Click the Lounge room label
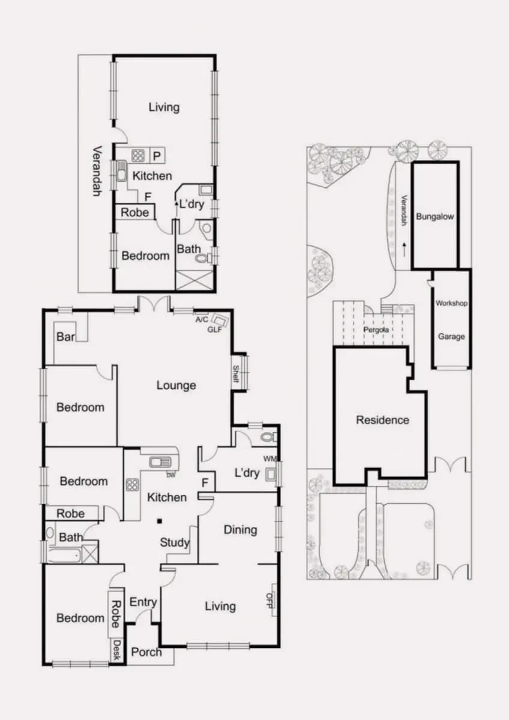coord(176,385)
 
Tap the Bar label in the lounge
coord(65,337)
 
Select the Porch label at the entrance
coord(146,652)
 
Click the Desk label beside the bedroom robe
coord(117,650)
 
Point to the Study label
coord(175,542)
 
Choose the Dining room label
coord(241,530)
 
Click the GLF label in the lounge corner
coord(214,329)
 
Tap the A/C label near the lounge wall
coord(202,319)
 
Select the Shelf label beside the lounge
coord(236,374)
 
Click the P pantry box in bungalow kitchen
coord(157,155)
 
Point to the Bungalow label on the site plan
coord(435,217)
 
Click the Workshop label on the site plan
coord(451,303)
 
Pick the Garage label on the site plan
coord(451,337)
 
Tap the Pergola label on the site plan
coord(376,329)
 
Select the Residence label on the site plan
coord(382,420)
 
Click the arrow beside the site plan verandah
coord(404,250)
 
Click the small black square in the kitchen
coord(159,521)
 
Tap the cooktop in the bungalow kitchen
coord(138,155)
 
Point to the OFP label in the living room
coord(270,601)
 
